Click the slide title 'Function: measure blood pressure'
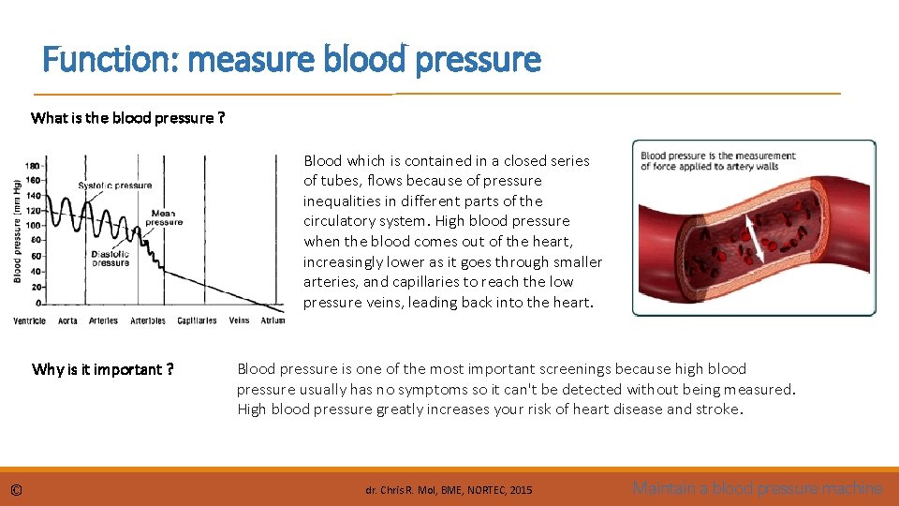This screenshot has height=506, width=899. point(291,61)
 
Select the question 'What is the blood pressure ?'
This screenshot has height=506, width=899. point(127,118)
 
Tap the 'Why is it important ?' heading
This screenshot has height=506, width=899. point(102,369)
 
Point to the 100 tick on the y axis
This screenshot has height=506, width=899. point(32,226)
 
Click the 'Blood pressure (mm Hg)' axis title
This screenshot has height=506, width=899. point(18,231)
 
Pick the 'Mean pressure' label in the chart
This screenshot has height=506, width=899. point(164,218)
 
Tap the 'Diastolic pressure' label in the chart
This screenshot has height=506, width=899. point(111,259)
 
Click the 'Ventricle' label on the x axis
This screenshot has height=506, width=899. point(30,320)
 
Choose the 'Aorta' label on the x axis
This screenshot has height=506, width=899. point(68,320)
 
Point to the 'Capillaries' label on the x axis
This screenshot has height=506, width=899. point(197,320)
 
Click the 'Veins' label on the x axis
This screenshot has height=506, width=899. point(239,320)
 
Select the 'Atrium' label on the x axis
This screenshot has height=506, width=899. point(273,320)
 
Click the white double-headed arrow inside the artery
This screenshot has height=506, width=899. point(755,238)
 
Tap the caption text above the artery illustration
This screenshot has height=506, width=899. point(717,161)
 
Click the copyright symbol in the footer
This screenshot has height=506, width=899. point(16,489)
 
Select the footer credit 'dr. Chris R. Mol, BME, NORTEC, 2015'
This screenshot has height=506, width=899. point(449,490)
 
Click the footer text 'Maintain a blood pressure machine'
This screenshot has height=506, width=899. point(757,488)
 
